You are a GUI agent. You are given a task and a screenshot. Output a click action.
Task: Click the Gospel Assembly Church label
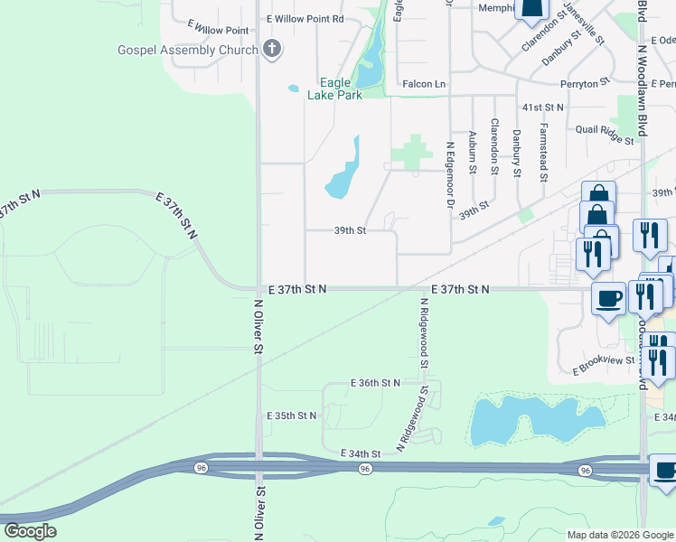(187, 50)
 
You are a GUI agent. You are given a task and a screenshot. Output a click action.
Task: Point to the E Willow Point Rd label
(305, 18)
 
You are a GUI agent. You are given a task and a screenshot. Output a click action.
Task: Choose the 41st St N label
(542, 107)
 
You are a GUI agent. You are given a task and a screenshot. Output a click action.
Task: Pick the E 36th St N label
(375, 383)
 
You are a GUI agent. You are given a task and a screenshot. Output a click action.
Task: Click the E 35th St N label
(292, 416)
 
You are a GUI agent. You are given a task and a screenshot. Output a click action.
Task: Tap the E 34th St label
(361, 453)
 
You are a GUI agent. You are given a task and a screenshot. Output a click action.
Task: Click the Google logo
(30, 531)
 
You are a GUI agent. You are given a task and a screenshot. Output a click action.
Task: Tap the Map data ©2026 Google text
(620, 535)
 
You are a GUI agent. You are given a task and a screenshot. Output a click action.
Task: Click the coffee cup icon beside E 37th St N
(607, 297)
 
